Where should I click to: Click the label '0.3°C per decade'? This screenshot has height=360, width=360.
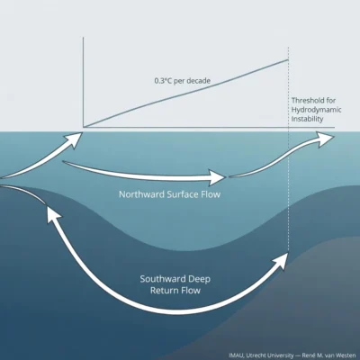183,81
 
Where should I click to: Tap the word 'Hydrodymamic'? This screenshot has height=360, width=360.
316,110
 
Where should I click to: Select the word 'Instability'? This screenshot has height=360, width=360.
307,119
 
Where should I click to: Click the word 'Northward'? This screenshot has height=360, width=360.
141,194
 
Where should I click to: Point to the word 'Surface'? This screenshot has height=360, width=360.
182,194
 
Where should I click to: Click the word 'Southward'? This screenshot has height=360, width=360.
162,279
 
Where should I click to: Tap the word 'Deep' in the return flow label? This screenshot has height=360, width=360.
199,280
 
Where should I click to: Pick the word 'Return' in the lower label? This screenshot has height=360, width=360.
164,291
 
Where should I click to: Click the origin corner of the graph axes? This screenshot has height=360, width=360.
84,127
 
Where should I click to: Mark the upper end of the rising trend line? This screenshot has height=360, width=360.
288,60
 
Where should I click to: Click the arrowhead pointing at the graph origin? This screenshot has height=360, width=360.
75,139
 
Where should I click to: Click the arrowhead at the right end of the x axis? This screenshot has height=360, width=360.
327,139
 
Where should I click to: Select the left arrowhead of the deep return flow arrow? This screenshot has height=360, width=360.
52,213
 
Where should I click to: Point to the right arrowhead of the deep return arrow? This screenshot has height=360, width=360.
281,260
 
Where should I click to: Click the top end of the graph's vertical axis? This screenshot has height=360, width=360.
83,37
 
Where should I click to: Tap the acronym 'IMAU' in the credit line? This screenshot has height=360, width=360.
237,355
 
